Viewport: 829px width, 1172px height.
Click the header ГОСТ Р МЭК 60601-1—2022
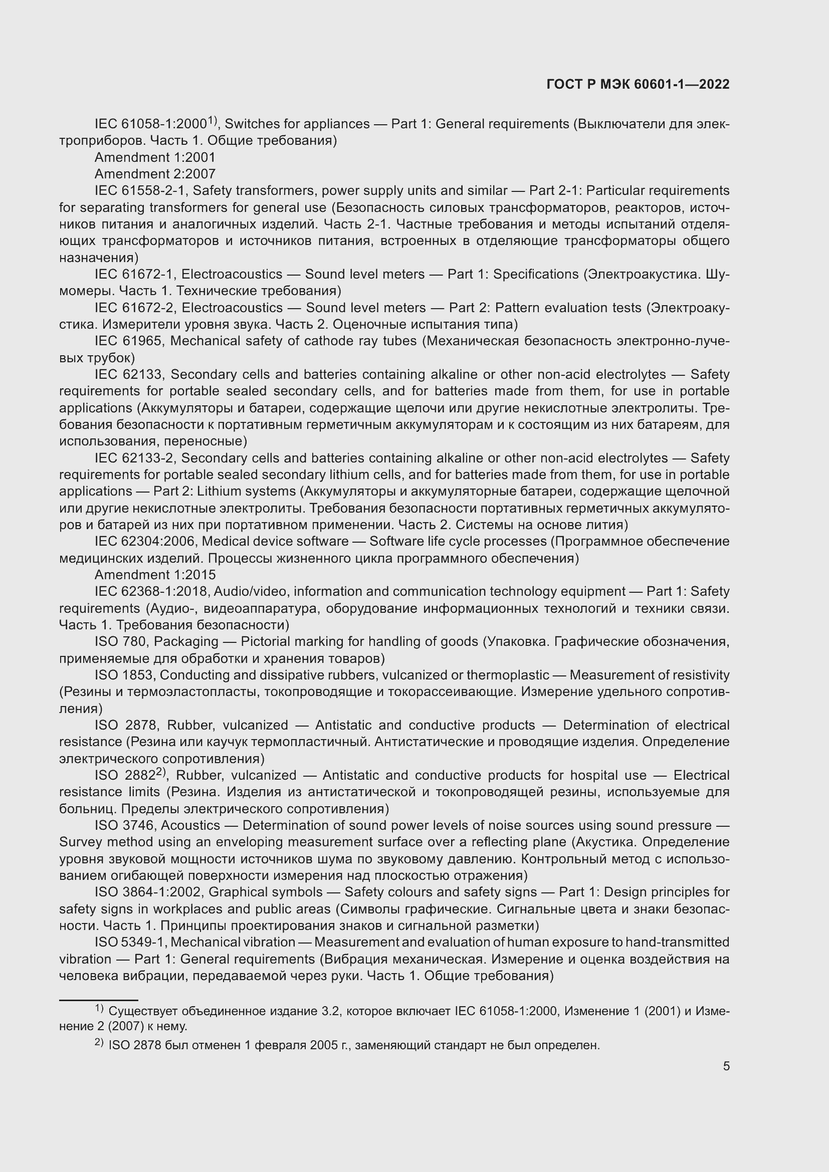tap(638, 84)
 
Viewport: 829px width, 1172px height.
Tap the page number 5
tap(726, 1066)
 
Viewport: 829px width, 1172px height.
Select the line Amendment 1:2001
tap(155, 157)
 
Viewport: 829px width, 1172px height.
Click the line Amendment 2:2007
tap(155, 174)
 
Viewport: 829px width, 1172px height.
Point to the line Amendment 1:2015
tap(155, 575)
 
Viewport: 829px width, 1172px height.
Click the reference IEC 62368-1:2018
tap(150, 592)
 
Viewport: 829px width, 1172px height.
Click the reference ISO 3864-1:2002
tap(148, 892)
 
